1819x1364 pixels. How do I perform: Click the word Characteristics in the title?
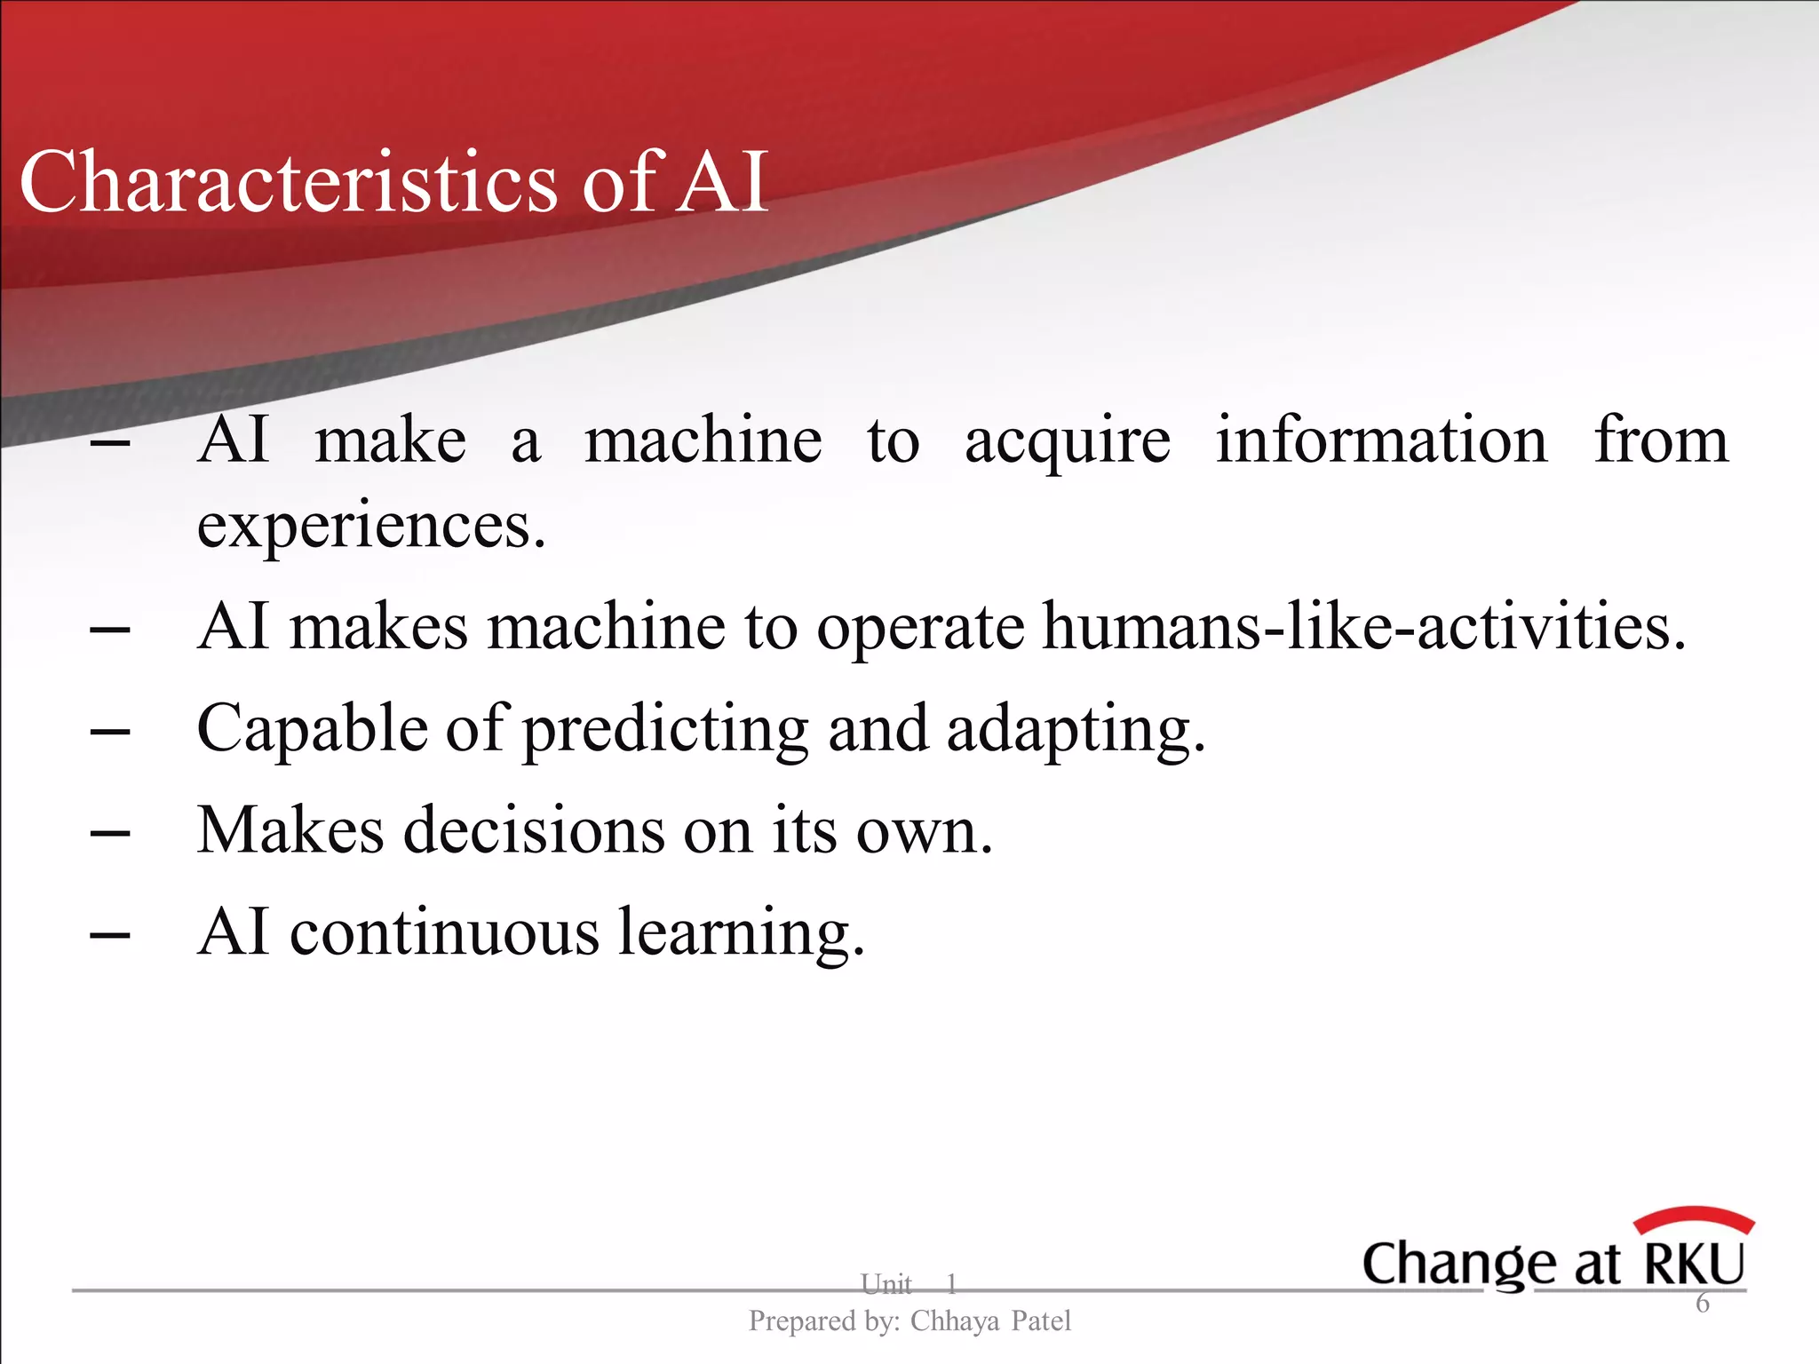pos(289,182)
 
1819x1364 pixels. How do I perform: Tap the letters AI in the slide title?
pos(721,182)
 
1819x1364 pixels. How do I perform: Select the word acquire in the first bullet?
pos(1067,441)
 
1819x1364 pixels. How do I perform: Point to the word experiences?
pos(370,526)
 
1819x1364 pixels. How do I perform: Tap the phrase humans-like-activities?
pos(1363,627)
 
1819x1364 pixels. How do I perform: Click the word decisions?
pos(534,831)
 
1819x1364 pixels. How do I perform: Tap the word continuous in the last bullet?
pos(444,932)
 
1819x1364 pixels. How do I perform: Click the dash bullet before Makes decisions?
pos(110,834)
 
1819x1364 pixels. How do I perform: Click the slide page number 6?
pos(1702,1304)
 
